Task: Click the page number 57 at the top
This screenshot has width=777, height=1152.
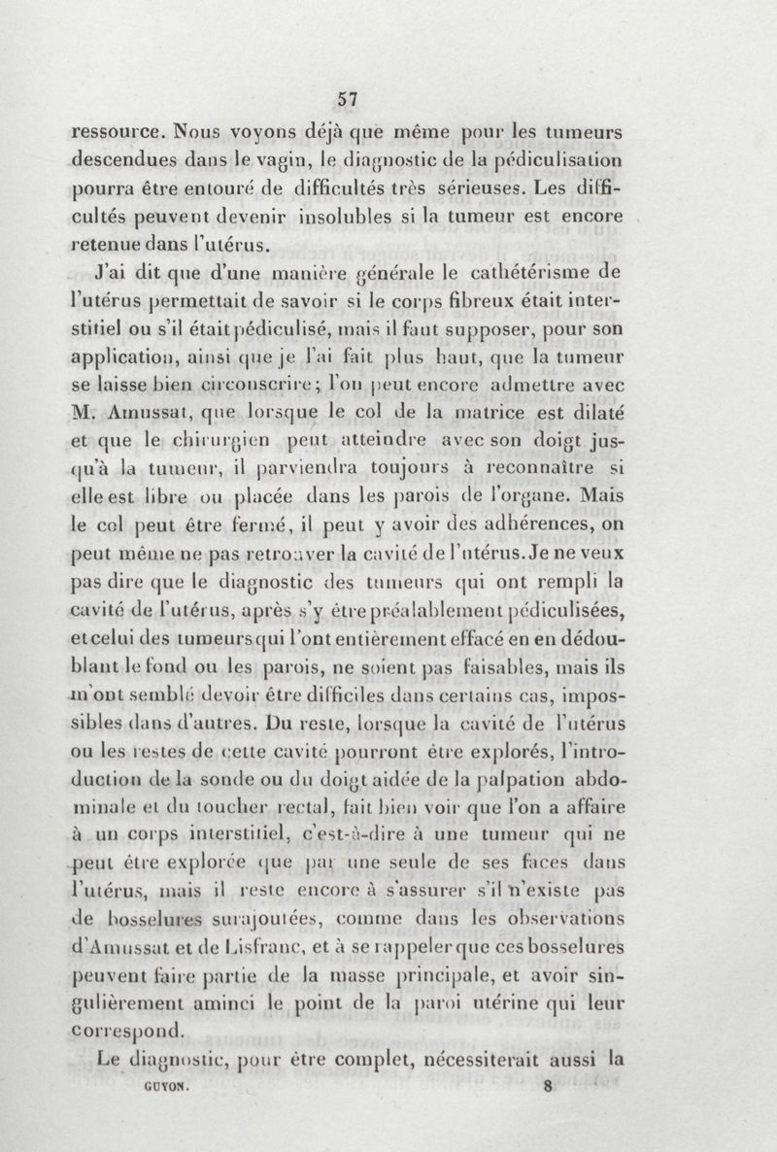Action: tap(348, 97)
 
